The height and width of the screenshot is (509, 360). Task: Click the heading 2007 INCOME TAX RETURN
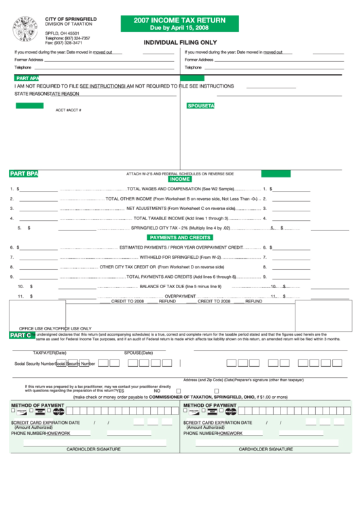coord(180,20)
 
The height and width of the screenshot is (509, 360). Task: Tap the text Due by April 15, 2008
coord(180,29)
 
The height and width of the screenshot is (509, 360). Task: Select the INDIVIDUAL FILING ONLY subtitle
coord(180,42)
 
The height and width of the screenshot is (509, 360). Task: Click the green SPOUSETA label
coord(201,106)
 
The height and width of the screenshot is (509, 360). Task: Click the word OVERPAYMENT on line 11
coord(181,296)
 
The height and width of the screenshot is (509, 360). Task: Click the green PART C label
coord(20,336)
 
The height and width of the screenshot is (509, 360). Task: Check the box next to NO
coord(178,391)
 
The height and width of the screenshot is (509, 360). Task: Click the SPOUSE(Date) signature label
coord(138,353)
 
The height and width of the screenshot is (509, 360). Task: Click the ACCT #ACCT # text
coord(68,110)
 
